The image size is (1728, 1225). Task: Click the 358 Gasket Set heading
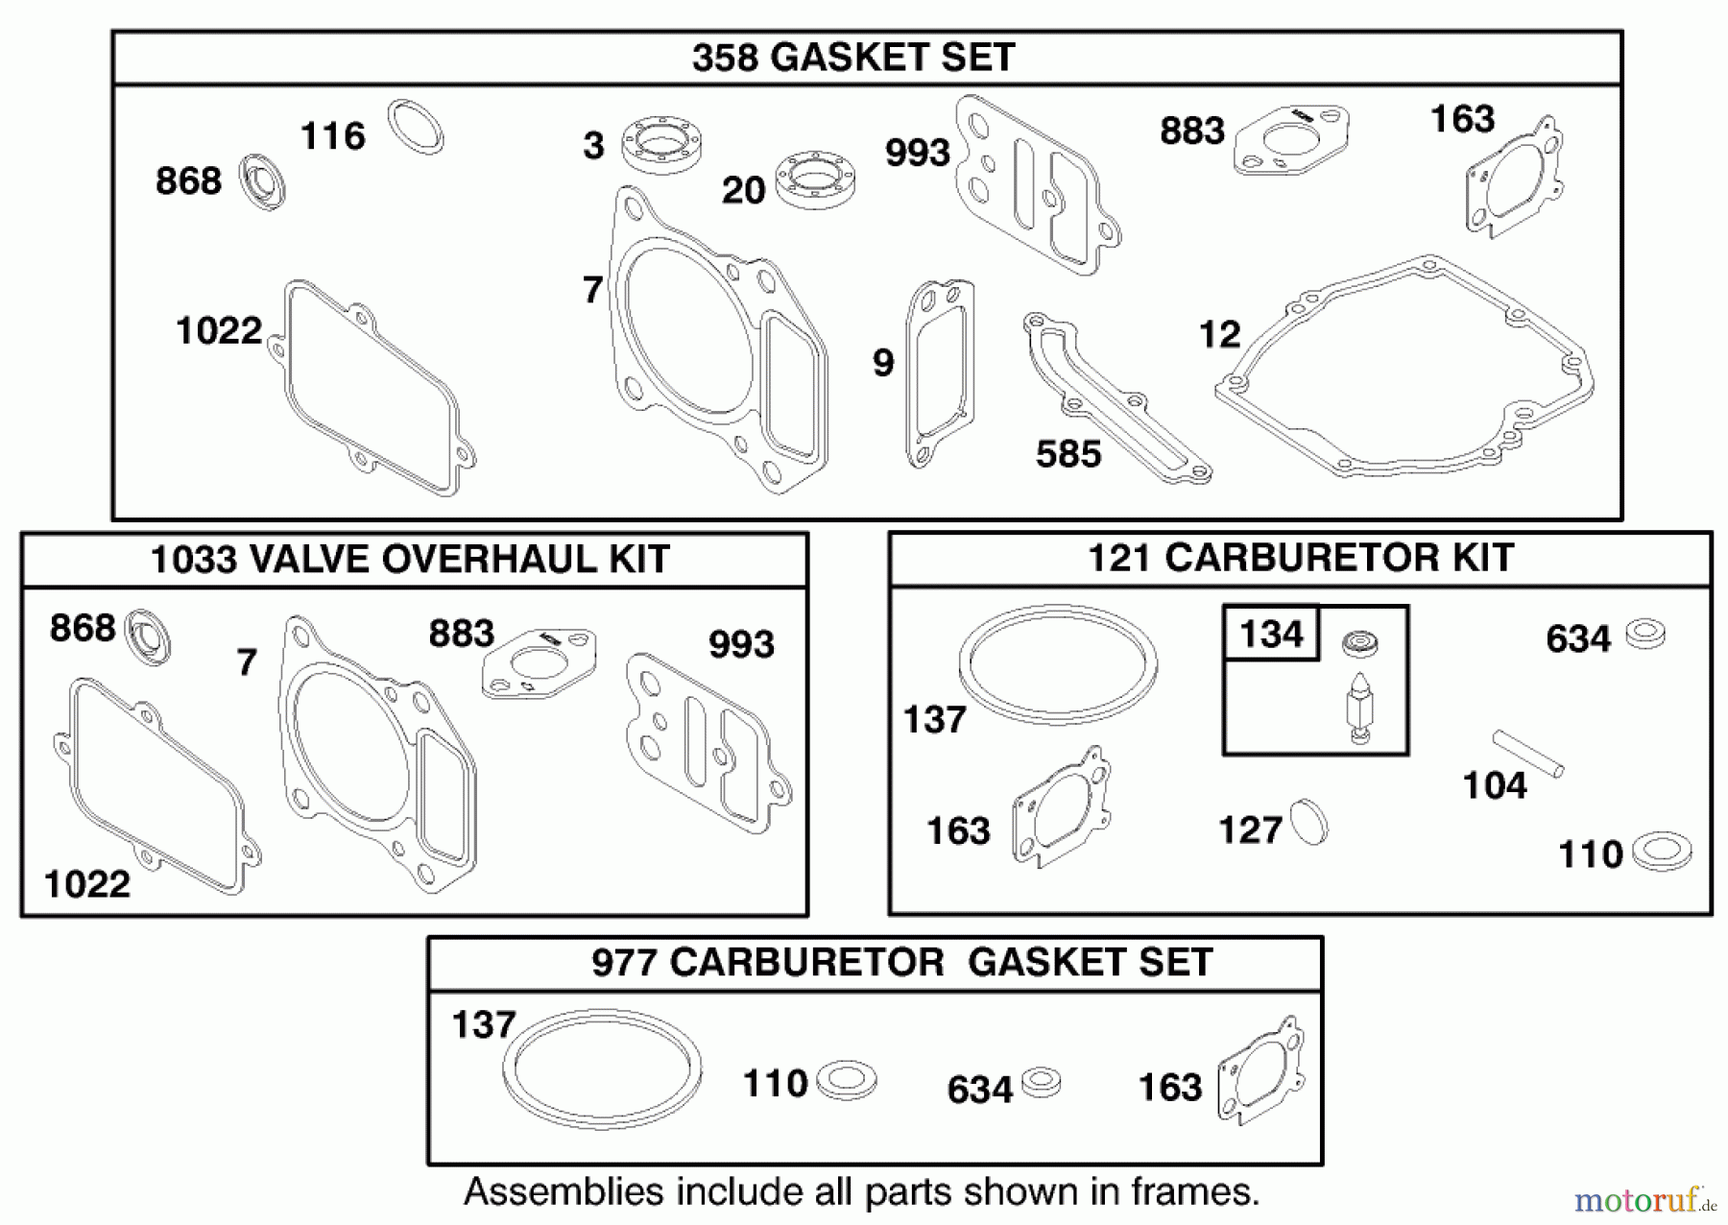[852, 58]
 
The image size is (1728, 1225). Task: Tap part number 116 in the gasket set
[332, 136]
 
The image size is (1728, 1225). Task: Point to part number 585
[1068, 454]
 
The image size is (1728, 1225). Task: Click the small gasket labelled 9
[940, 374]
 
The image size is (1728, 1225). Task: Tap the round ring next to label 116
[416, 126]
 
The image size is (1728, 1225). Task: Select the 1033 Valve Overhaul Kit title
[410, 560]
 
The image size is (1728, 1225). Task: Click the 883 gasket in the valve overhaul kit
[540, 662]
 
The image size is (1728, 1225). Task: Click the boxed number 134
[1271, 634]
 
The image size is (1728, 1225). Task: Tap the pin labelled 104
[1527, 754]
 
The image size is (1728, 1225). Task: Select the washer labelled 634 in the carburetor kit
[1645, 635]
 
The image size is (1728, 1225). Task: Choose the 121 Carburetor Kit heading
[1300, 558]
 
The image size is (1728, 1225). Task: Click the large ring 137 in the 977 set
[602, 1069]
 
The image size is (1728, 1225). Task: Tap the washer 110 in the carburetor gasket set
[846, 1080]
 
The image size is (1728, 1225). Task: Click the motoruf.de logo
[1644, 1200]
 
